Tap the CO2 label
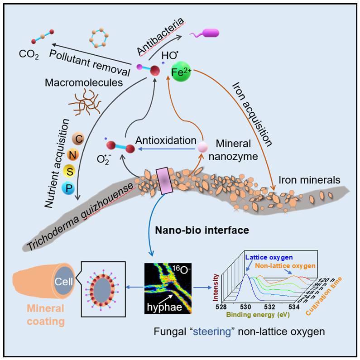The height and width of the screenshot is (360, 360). pyautogui.click(x=29, y=56)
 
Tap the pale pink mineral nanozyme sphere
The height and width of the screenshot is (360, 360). pyautogui.click(x=202, y=146)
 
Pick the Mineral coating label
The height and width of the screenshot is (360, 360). pyautogui.click(x=45, y=316)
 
